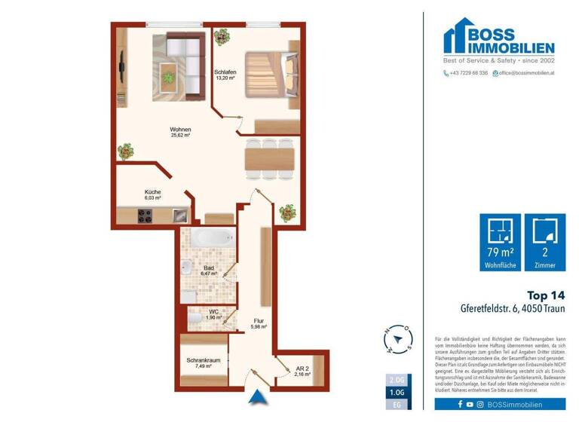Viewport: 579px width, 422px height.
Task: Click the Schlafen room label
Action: click(225, 74)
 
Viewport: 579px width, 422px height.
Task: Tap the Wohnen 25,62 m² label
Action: click(180, 132)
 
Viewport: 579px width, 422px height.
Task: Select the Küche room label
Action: click(153, 194)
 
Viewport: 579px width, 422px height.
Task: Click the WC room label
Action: click(215, 314)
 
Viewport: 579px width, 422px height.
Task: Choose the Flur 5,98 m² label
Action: click(259, 323)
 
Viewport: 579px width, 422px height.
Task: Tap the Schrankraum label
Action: click(203, 363)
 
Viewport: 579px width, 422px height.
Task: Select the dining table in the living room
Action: click(268, 158)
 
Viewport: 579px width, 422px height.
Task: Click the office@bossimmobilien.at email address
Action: click(525, 73)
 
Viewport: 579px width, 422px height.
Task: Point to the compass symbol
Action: click(400, 340)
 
